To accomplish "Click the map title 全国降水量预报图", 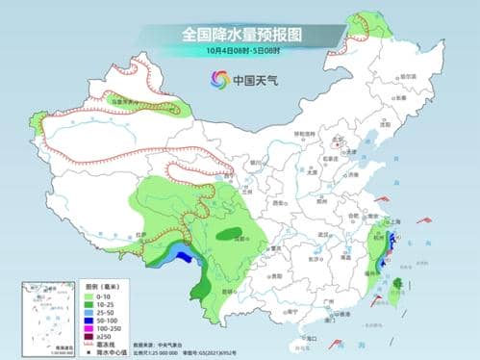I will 240,34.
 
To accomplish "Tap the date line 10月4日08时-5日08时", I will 240,50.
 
